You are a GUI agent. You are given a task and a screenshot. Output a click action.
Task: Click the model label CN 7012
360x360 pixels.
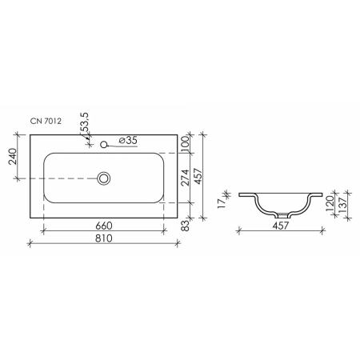click(x=46, y=121)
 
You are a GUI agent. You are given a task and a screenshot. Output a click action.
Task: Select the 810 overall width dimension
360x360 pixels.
click(x=104, y=238)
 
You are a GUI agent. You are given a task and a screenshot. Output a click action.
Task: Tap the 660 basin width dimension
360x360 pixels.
click(x=104, y=226)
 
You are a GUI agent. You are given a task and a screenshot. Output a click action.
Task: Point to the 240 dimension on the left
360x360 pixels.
click(x=13, y=157)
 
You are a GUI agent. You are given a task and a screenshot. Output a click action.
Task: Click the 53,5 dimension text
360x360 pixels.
click(x=85, y=122)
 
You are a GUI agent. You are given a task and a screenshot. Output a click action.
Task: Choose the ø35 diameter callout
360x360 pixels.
click(x=128, y=140)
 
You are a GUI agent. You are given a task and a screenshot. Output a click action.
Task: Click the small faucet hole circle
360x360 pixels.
click(x=104, y=145)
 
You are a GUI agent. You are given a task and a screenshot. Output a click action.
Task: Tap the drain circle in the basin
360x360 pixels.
click(x=104, y=178)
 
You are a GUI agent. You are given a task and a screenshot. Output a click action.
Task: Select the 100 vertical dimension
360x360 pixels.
click(x=185, y=144)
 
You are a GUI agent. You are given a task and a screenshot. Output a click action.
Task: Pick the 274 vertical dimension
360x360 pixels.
click(x=185, y=178)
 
